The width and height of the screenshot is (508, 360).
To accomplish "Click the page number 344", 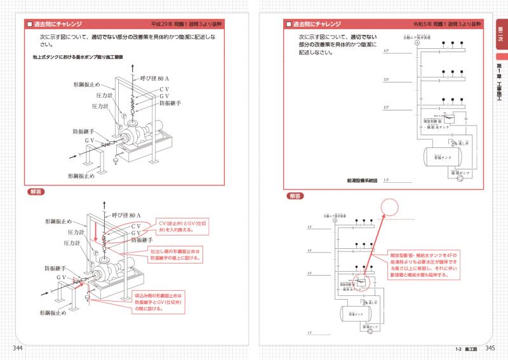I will [x=19, y=348].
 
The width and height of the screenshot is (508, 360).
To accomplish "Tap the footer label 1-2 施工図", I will [x=466, y=349].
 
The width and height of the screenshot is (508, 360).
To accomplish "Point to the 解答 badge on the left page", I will [x=36, y=191].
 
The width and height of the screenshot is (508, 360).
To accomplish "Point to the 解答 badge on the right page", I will [x=296, y=196].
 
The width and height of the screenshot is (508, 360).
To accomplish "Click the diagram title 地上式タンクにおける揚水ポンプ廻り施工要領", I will [x=77, y=57].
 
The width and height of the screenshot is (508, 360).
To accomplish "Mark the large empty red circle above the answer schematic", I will [x=389, y=207].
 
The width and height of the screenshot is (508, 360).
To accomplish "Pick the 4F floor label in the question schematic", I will [x=385, y=50].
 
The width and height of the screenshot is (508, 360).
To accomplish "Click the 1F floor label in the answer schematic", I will [x=310, y=333].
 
